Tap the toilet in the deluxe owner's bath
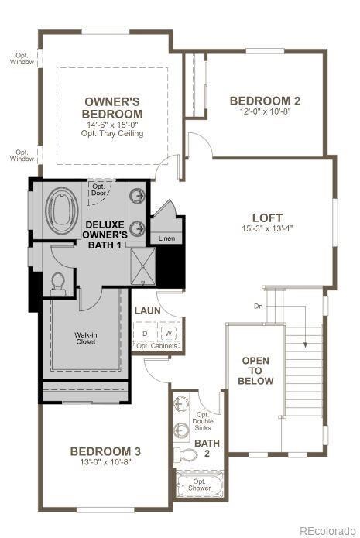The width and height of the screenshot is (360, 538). tap(57, 283)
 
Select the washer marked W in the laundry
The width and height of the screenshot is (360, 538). tap(168, 334)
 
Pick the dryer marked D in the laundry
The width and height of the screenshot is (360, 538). tap(145, 334)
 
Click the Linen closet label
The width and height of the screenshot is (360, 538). tap(166, 238)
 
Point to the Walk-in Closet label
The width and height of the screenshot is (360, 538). tap(85, 338)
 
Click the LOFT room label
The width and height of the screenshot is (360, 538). tap(266, 218)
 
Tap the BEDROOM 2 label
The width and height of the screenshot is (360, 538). tap(266, 100)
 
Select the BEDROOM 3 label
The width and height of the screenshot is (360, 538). tap(105, 451)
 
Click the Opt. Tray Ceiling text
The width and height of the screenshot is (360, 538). tap(112, 133)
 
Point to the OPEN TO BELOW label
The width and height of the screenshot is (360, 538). tap(256, 370)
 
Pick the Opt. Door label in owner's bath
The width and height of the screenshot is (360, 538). tap(99, 190)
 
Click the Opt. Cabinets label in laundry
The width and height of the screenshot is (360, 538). tap(158, 345)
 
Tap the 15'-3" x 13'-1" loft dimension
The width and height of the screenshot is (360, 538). tap(267, 229)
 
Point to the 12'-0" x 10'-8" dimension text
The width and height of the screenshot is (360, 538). tap(266, 111)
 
